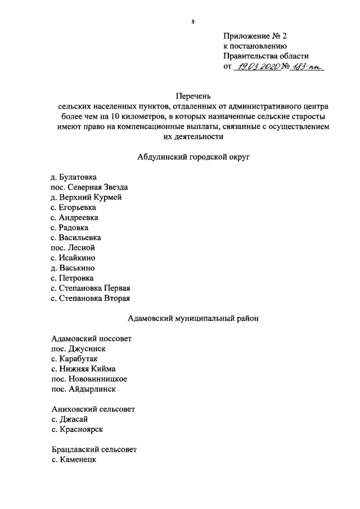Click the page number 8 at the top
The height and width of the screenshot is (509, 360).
(x=193, y=22)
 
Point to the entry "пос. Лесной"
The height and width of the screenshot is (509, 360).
(x=73, y=247)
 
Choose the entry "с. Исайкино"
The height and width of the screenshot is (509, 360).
(x=73, y=258)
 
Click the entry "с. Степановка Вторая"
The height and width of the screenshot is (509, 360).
(x=90, y=298)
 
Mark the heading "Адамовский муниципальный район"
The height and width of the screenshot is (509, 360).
(x=193, y=318)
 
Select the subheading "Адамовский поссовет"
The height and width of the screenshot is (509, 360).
(x=91, y=339)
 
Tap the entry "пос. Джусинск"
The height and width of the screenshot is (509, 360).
(x=78, y=349)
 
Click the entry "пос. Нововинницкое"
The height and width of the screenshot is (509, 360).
(x=89, y=379)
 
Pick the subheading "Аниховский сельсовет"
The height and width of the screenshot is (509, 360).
(x=93, y=409)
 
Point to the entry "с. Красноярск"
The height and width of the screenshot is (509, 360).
(x=76, y=430)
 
